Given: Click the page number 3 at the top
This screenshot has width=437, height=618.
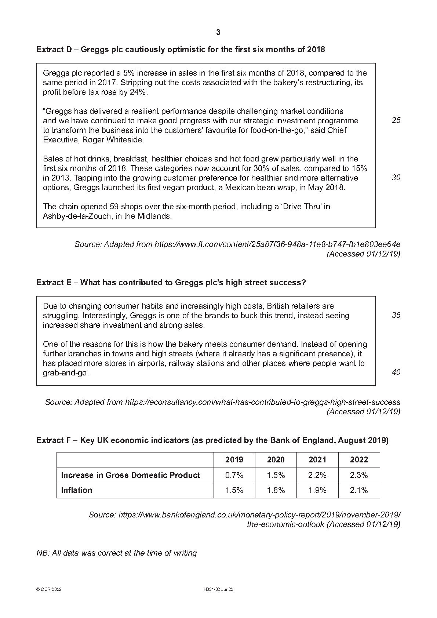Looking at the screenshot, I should pyautogui.click(x=218, y=32).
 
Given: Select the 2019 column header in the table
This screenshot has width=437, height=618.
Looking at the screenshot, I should pyautogui.click(x=234, y=460).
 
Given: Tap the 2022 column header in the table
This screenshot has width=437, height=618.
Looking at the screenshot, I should pyautogui.click(x=358, y=460).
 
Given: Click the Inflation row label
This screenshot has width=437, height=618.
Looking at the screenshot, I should pyautogui.click(x=76, y=490).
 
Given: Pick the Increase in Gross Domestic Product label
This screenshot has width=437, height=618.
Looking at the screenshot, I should pyautogui.click(x=130, y=475).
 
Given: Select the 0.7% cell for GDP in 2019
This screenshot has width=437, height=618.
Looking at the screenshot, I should pyautogui.click(x=234, y=475).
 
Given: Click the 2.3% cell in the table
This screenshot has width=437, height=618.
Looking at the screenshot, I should pyautogui.click(x=358, y=475).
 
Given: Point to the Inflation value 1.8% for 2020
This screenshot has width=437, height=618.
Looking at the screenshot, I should pyautogui.click(x=276, y=490).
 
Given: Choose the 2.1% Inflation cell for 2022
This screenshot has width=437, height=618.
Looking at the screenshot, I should pyautogui.click(x=358, y=490).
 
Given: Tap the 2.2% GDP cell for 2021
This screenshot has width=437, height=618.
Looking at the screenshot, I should pyautogui.click(x=317, y=475).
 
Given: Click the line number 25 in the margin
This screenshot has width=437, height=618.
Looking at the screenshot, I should pyautogui.click(x=396, y=120).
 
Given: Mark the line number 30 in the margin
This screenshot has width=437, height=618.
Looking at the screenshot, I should pyautogui.click(x=396, y=178).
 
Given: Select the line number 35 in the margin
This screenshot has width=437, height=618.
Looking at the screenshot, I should pyautogui.click(x=396, y=315).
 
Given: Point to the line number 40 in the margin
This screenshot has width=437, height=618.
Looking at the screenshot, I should pyautogui.click(x=396, y=372).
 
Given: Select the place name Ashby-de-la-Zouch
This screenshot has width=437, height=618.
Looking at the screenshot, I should pyautogui.click(x=76, y=216).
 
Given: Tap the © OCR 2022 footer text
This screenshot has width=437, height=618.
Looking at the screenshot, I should pyautogui.click(x=49, y=589).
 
